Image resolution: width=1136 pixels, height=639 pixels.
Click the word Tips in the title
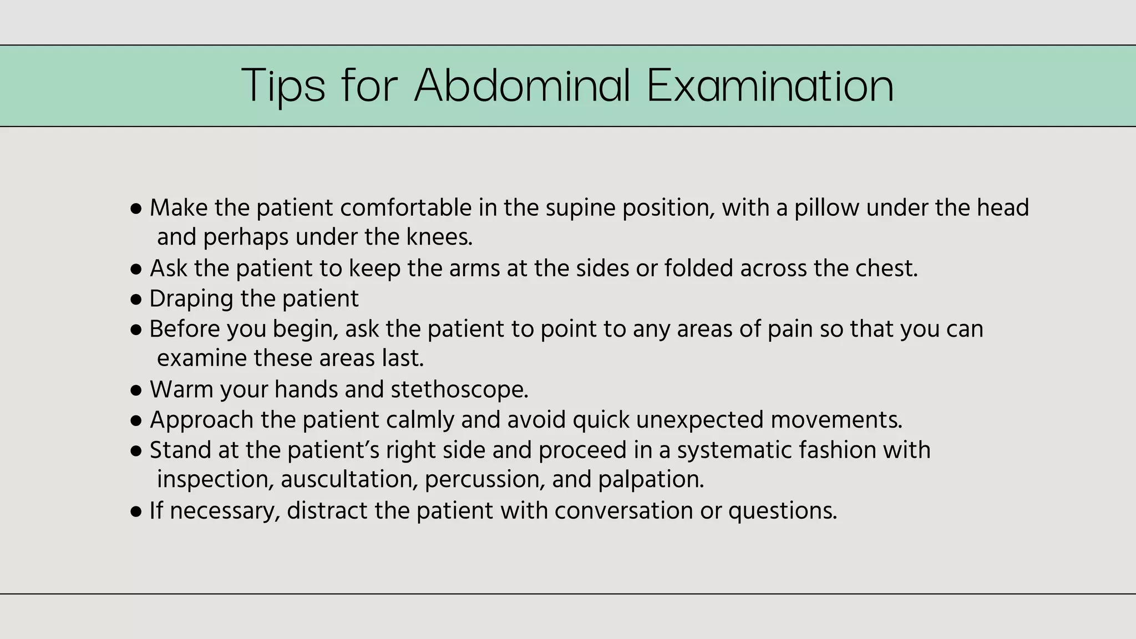[283, 86]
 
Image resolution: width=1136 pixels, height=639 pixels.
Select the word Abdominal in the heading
[523, 86]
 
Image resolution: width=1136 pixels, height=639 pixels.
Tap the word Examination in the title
[770, 86]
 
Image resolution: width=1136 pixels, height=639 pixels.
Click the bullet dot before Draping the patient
[136, 300]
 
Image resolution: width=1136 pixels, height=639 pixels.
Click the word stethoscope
[459, 390]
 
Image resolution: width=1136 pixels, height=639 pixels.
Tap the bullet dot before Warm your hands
[136, 390]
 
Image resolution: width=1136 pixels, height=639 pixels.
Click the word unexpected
[700, 420]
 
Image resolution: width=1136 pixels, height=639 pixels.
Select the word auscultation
[349, 480]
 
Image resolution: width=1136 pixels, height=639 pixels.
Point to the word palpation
[651, 480]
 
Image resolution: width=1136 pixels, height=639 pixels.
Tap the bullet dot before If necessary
[136, 511]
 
